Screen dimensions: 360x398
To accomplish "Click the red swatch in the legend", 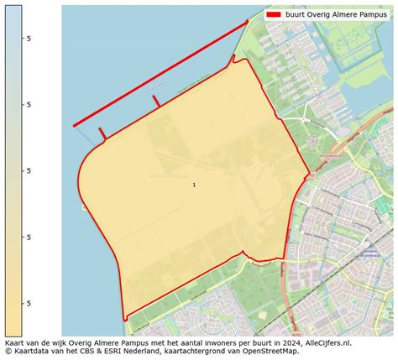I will coord(273,14).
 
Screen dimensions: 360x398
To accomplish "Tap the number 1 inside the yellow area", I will coord(194,185).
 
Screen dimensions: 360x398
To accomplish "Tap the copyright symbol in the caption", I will coord(8,352).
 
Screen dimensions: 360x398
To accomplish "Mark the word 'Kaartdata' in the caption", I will coord(33,352).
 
